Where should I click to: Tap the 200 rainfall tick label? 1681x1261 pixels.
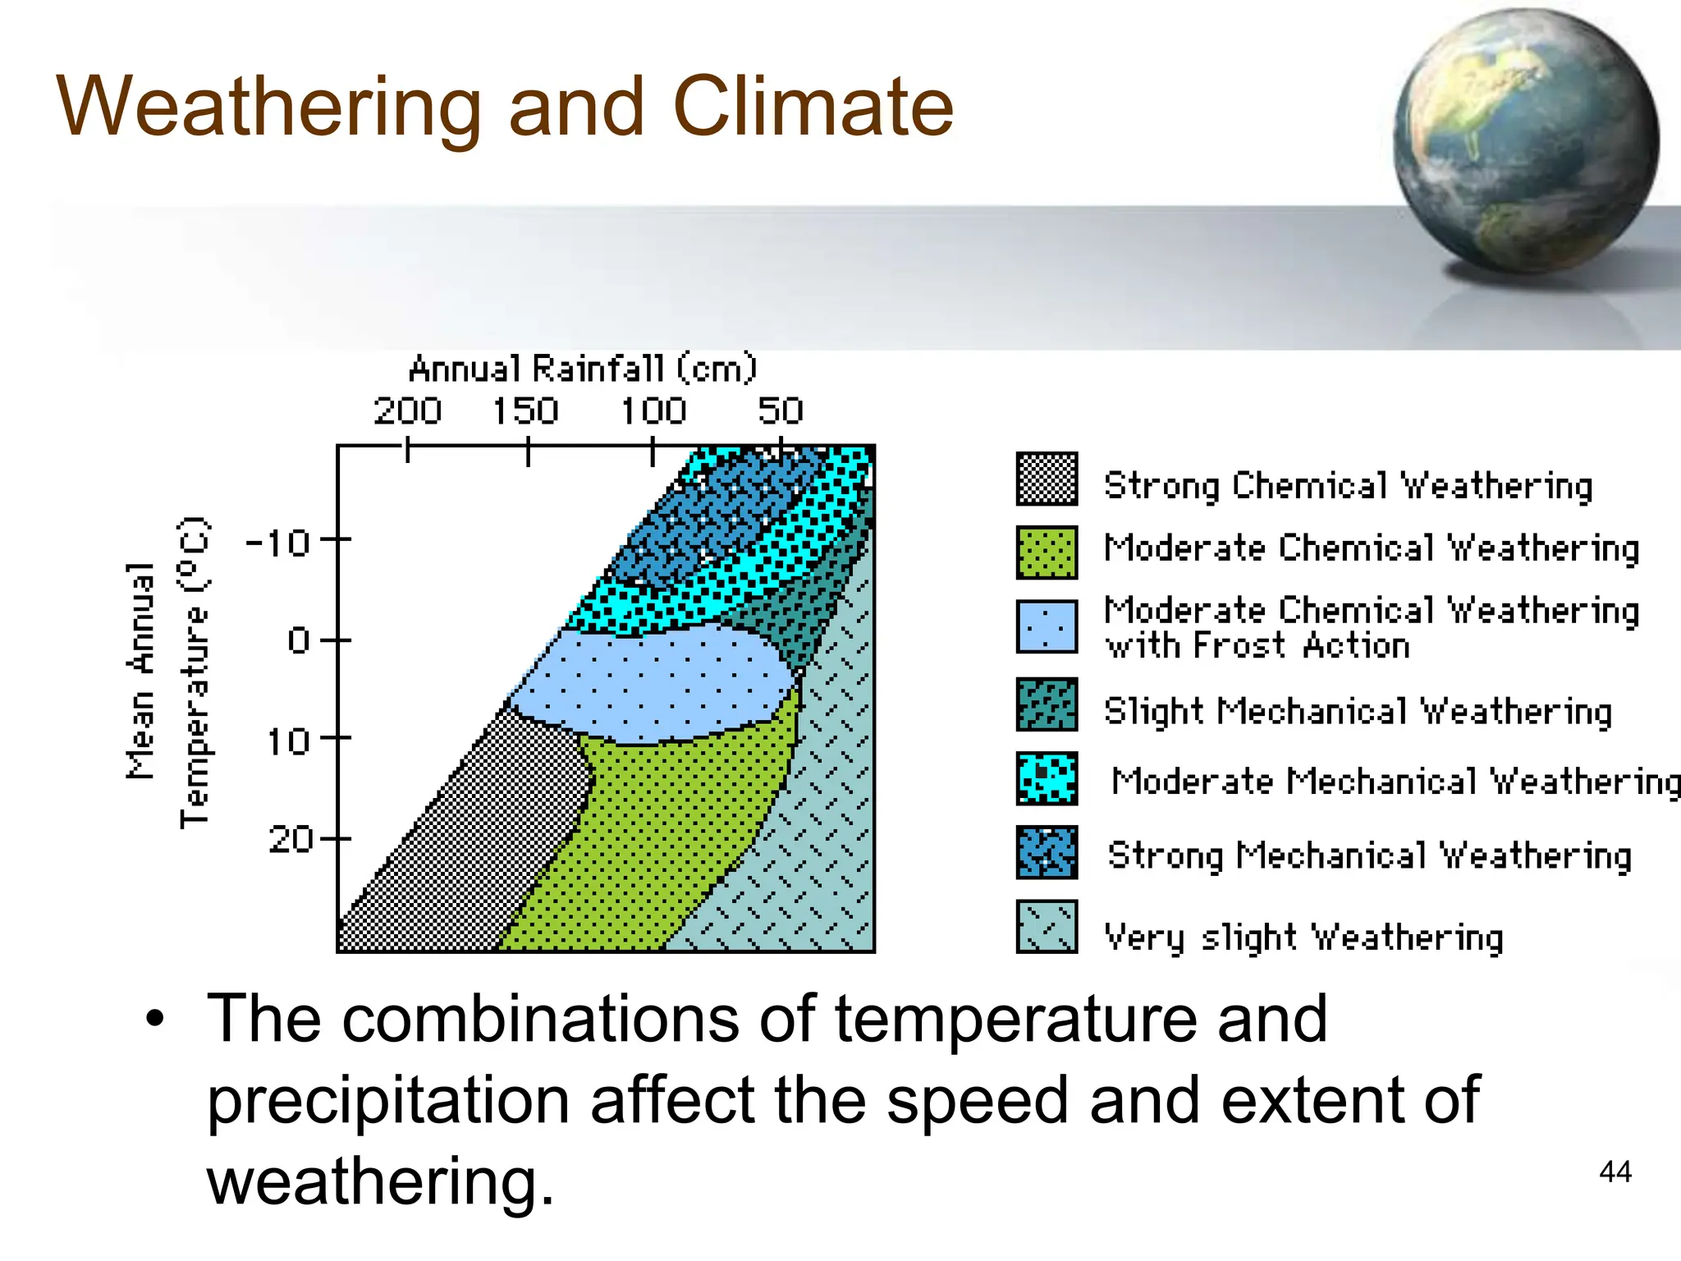click(407, 410)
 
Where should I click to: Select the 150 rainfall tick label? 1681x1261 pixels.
click(525, 410)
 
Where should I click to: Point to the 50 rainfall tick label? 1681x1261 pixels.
click(781, 410)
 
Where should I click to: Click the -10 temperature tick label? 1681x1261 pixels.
click(278, 543)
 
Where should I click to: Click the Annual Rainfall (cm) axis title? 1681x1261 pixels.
click(583, 369)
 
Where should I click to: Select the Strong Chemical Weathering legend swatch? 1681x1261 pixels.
click(1047, 479)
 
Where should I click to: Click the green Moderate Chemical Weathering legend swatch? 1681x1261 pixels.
click(1047, 553)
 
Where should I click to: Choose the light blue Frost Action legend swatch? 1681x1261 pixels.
click(1047, 626)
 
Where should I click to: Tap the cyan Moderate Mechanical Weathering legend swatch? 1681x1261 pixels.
click(1047, 778)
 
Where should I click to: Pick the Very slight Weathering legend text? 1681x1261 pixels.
click(1303, 937)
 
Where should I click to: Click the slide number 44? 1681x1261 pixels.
click(1615, 1172)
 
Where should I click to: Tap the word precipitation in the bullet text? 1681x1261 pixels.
click(387, 1100)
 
